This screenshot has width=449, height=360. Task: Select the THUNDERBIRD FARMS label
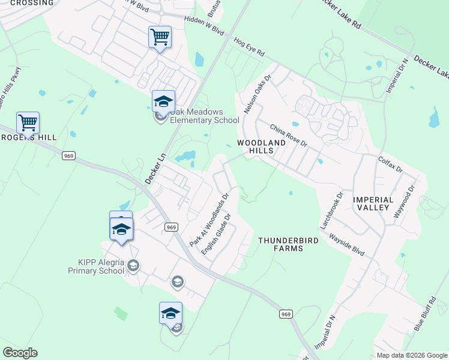pos(288,244)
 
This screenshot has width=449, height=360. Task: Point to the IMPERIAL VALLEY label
pos(373,203)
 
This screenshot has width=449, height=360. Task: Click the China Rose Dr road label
pos(288,136)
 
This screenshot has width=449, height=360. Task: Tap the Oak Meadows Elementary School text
pos(205,116)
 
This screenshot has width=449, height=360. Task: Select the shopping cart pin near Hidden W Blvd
pos(160,37)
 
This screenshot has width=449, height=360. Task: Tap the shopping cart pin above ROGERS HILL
pos(28,123)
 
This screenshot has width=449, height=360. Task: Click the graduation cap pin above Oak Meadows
pos(163,101)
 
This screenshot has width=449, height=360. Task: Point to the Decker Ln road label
pos(155,167)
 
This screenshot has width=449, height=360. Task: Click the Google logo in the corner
pos(20,353)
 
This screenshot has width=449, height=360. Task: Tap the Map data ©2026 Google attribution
pos(411,355)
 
